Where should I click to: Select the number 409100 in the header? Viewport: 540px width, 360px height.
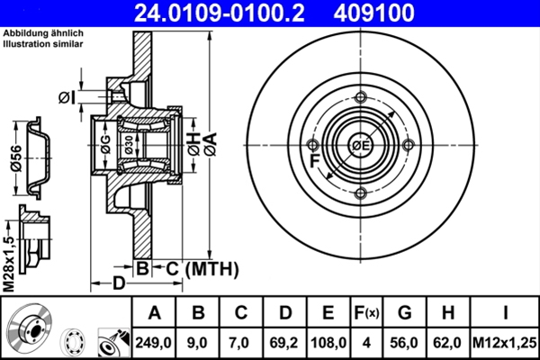(400, 13)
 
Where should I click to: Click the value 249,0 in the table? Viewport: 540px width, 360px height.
(154, 341)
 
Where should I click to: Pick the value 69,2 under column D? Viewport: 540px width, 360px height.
(285, 341)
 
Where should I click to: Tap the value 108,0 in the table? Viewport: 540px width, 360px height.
(328, 341)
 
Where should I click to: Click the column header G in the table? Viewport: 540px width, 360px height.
(405, 313)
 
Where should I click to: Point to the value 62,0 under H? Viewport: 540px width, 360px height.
(447, 341)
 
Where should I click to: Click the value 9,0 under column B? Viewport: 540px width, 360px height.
(198, 341)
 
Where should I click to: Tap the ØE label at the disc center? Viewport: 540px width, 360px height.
(361, 146)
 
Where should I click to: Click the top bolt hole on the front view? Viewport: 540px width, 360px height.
(361, 98)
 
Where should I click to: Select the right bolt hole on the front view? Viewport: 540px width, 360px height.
(409, 146)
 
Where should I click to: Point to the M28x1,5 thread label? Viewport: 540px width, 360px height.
(8, 262)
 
